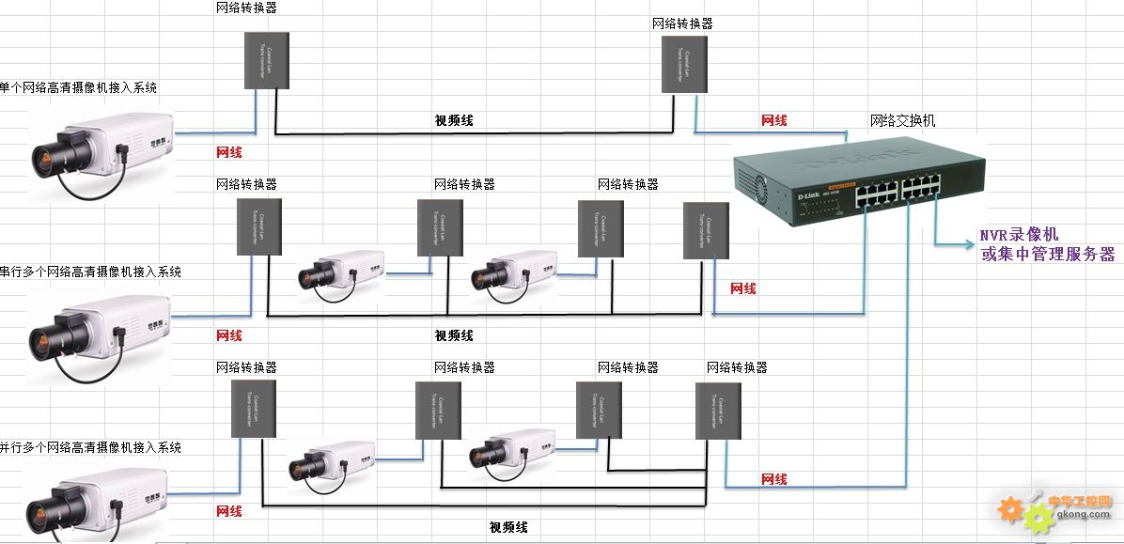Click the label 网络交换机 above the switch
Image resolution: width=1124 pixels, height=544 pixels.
pos(903,121)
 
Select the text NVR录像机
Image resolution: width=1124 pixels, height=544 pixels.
pos(1019,235)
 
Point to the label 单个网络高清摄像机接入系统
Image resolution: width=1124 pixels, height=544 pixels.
pos(78,87)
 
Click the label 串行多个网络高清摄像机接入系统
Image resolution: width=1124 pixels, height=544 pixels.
pos(90,272)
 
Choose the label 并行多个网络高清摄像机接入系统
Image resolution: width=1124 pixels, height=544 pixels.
pos(90,447)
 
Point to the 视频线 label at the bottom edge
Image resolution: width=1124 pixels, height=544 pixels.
pos(508,527)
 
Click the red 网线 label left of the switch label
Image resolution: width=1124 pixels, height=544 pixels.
pos(773,120)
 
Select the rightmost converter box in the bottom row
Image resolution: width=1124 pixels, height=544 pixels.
pos(718,410)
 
